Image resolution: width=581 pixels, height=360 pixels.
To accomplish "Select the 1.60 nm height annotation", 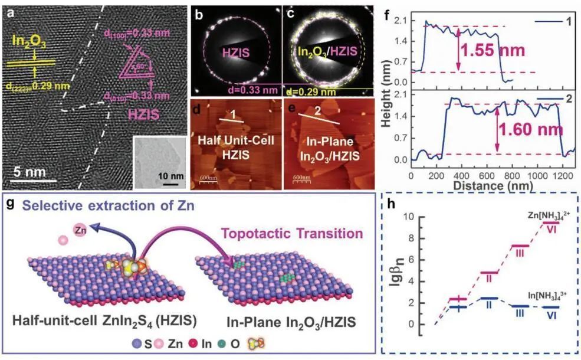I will coord(530,127).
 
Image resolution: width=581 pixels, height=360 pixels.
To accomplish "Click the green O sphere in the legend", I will coord(205,343).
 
